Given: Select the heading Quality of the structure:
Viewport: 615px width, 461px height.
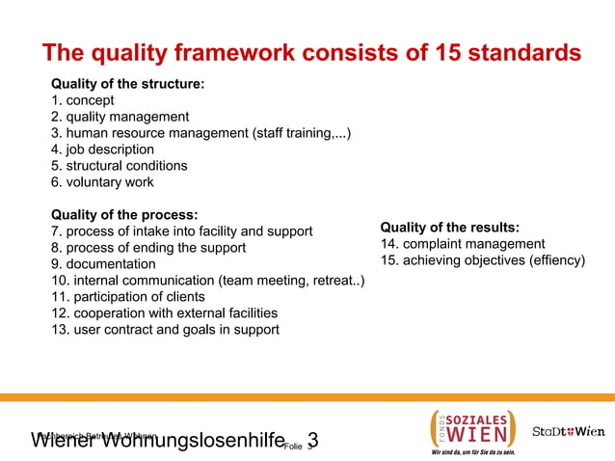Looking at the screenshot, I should (127, 84).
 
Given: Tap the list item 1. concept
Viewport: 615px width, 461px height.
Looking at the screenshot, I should (83, 100).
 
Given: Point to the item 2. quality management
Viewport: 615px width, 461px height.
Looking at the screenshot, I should (120, 117).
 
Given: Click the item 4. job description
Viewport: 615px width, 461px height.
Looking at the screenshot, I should (102, 149).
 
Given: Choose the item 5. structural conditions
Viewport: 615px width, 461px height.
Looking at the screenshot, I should (120, 166).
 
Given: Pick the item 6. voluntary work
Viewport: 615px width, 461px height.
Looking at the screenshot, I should (102, 182).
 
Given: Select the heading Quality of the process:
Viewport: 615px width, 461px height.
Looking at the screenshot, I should (124, 214).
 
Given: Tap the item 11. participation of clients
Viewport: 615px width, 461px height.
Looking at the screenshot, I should (128, 296).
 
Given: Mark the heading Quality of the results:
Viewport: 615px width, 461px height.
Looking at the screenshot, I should (450, 228).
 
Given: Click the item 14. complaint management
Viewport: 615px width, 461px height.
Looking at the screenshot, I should (463, 244).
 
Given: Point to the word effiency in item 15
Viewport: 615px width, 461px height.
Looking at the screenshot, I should (554, 260).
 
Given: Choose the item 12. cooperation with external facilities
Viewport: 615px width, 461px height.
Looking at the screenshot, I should (165, 312).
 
